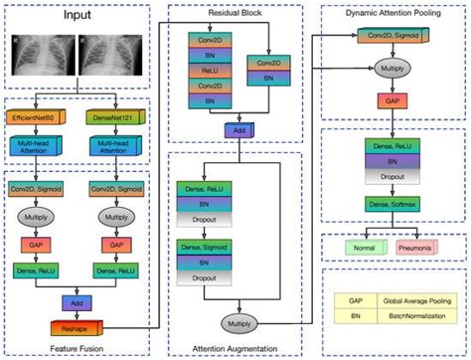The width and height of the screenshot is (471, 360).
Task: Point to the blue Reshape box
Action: point(76,322)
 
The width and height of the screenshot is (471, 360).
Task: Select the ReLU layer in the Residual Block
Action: point(207,69)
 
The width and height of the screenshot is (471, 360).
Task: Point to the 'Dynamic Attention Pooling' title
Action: point(391,16)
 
